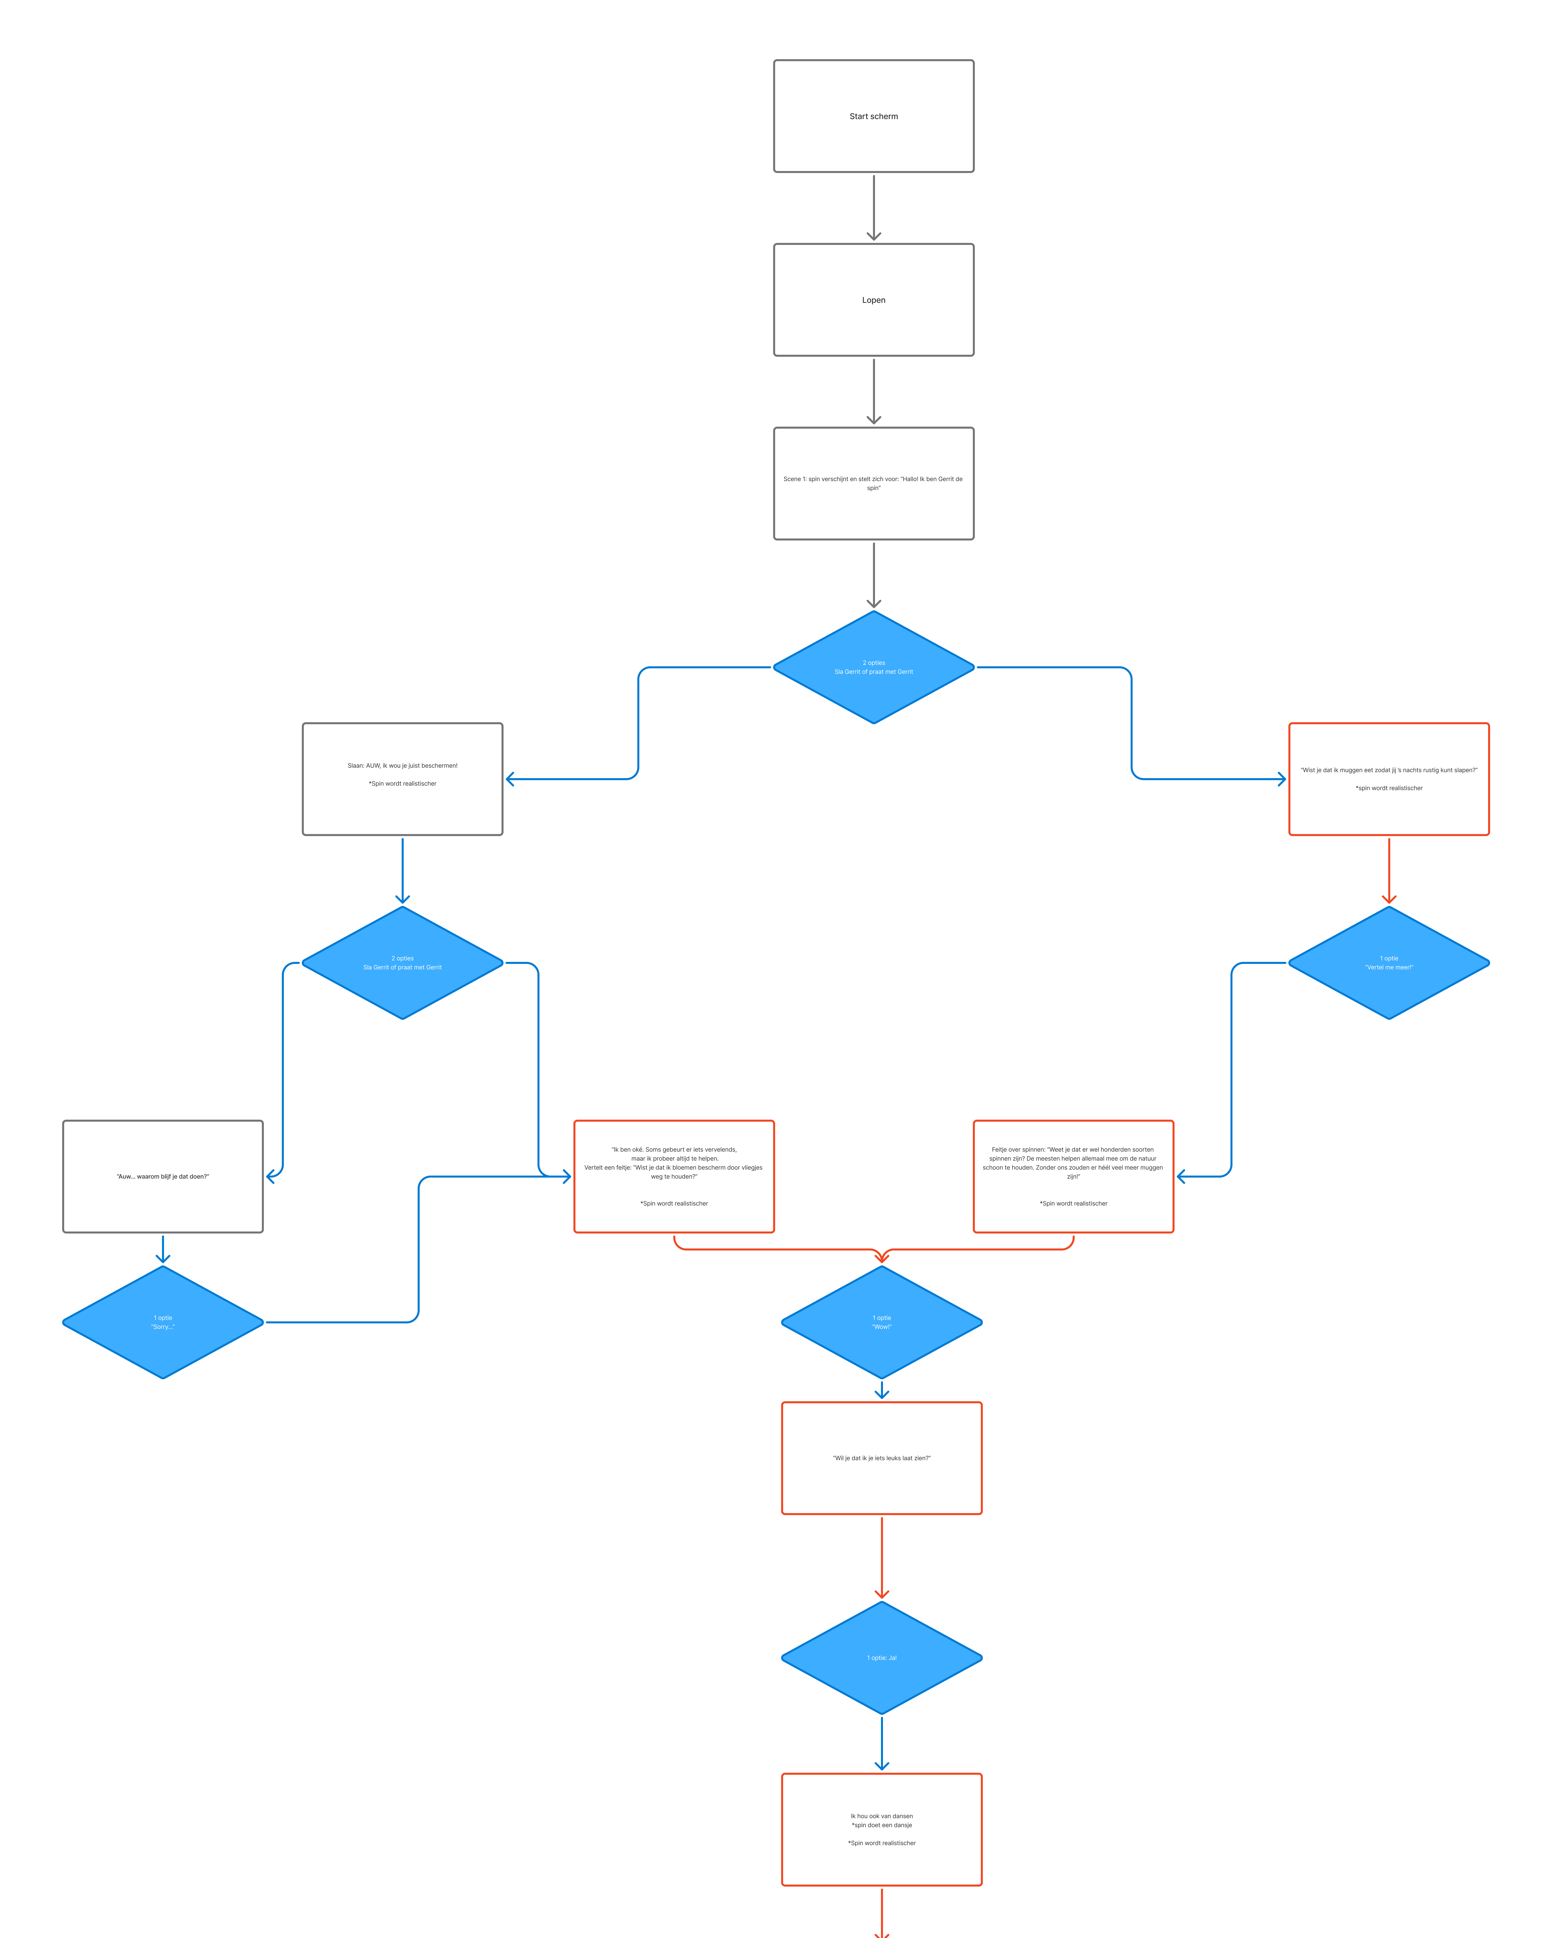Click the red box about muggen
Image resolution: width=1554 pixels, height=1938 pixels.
(x=1389, y=778)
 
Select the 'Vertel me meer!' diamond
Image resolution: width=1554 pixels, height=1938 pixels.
(x=1389, y=963)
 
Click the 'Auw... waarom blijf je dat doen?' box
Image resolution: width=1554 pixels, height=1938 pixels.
(x=163, y=1176)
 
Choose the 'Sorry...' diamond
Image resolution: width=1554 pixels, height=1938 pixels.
(x=163, y=1322)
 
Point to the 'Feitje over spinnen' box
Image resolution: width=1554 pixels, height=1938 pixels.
(x=1073, y=1176)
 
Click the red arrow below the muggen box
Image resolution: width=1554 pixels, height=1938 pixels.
(x=1389, y=869)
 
